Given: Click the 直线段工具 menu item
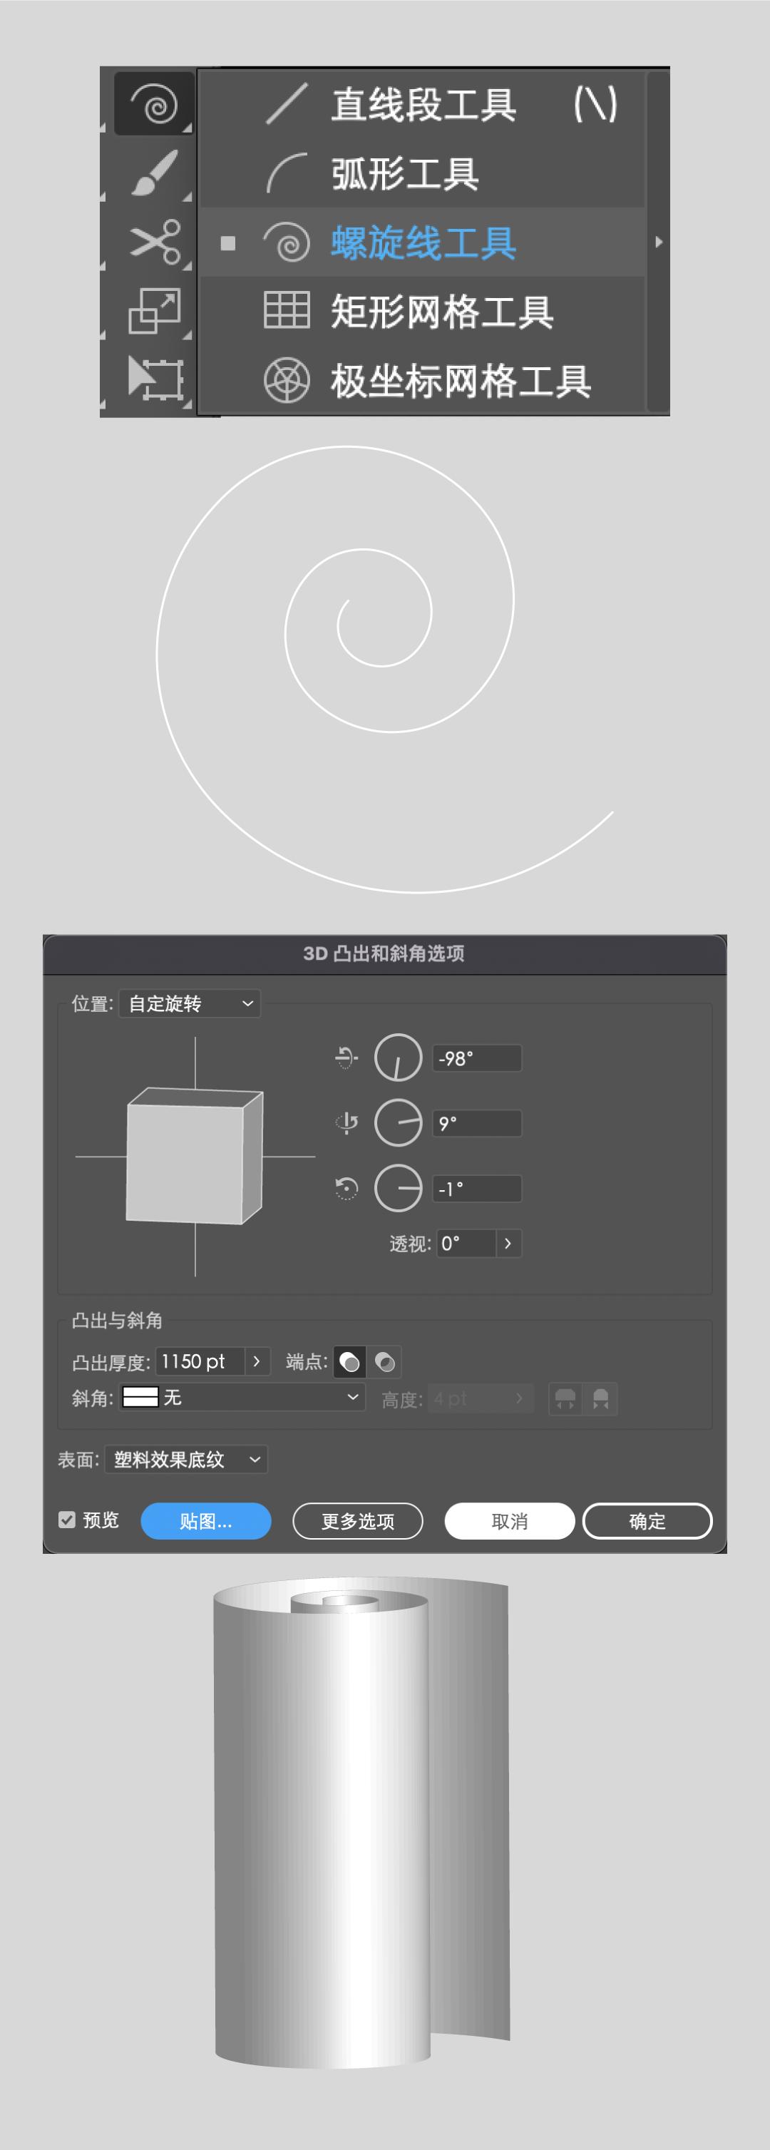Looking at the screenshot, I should click(422, 105).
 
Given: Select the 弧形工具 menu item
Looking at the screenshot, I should click(404, 173).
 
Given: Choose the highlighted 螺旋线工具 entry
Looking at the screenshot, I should click(422, 243).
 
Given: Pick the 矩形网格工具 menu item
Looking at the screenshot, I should click(441, 312).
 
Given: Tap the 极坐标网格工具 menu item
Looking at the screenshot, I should click(460, 381).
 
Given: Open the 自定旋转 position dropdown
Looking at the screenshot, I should click(190, 1003).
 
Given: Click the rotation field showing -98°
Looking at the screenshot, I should click(476, 1058).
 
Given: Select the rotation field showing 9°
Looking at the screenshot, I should click(476, 1123).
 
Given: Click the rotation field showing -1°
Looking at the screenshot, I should click(476, 1189).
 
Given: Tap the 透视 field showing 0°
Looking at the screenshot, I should click(466, 1244).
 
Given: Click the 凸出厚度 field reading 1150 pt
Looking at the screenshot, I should click(200, 1361).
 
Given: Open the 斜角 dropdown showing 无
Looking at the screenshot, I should click(242, 1397).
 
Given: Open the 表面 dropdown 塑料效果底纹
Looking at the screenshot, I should click(186, 1459).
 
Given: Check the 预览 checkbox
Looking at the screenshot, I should click(68, 1520).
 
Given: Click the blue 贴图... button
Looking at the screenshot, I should click(206, 1521).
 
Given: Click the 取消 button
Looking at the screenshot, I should click(509, 1521).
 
